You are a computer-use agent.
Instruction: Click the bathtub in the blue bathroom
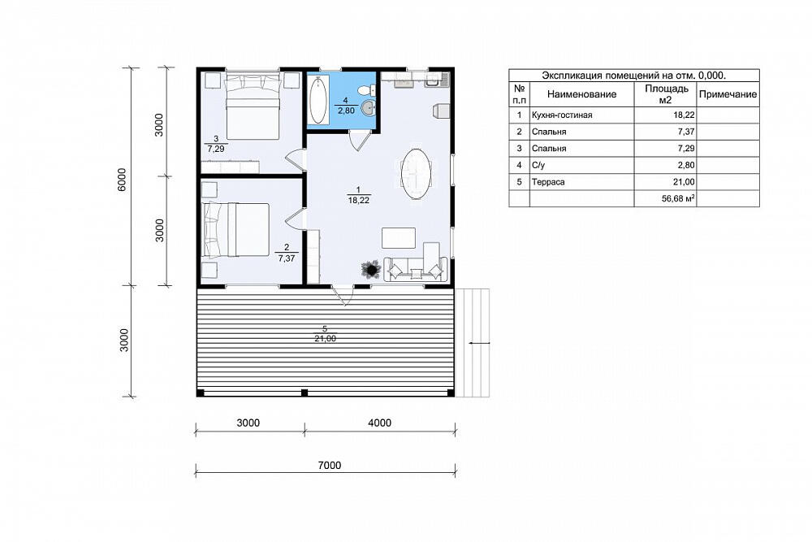tap(318, 100)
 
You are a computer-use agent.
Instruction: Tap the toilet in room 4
tap(368, 89)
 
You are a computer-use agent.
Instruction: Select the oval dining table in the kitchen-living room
tap(416, 174)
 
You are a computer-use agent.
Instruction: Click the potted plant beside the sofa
tap(371, 270)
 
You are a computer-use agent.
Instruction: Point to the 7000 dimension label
tap(330, 466)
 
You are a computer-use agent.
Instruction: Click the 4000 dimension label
tap(379, 423)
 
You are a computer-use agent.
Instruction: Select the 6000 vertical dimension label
tap(122, 180)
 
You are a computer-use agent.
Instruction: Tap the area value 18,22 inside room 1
tap(358, 200)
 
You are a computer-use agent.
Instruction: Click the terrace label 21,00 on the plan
tap(325, 338)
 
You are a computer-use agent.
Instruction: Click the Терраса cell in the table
tap(548, 182)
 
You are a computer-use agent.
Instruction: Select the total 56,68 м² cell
tap(678, 198)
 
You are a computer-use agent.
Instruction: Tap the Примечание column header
tap(728, 94)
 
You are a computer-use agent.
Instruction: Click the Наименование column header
tap(581, 94)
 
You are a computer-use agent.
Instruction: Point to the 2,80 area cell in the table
tap(685, 165)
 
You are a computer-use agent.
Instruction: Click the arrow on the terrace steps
tap(479, 343)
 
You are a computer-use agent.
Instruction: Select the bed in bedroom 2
tap(236, 229)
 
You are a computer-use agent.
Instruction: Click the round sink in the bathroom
tap(368, 108)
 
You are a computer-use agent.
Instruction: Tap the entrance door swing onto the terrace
tap(343, 295)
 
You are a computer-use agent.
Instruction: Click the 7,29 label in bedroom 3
tap(216, 149)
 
